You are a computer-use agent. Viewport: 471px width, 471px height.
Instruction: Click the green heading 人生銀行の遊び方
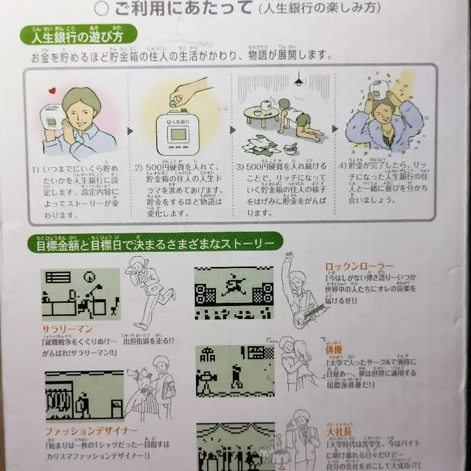[79, 37]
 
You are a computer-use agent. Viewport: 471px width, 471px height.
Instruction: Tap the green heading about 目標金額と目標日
[155, 242]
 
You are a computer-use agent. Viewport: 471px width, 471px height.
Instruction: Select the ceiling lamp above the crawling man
[297, 81]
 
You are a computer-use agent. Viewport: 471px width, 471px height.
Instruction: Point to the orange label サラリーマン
[67, 329]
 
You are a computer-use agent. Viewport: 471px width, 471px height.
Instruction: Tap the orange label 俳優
[333, 349]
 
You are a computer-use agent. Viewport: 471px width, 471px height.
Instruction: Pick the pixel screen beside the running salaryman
[81, 293]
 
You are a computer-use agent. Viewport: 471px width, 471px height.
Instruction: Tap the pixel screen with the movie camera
[234, 371]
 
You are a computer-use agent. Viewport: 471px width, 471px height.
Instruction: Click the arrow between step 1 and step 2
[130, 131]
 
